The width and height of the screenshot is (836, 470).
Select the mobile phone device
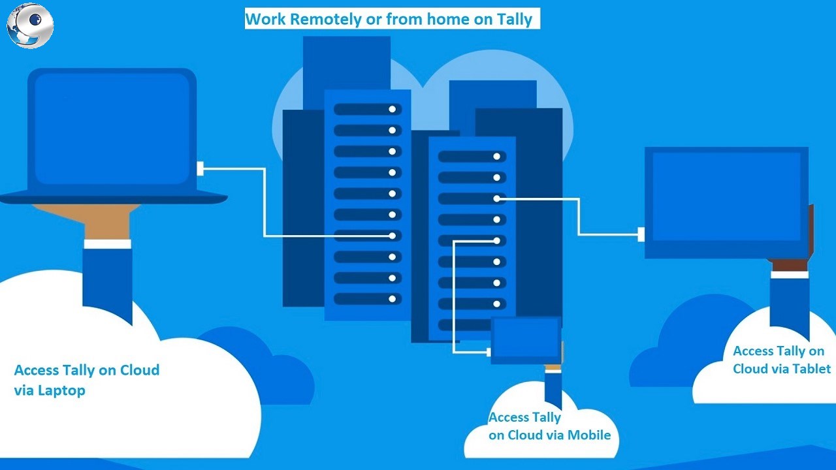[526, 339]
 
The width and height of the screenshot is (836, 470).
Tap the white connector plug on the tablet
[641, 234]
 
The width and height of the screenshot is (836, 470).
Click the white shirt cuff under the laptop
[107, 243]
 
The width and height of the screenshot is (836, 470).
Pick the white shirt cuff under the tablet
[789, 274]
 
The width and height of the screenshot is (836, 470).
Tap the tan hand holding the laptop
[107, 222]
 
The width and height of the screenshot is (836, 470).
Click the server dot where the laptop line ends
[393, 236]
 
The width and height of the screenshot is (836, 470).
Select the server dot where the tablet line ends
[497, 198]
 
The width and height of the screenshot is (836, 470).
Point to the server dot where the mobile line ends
[497, 241]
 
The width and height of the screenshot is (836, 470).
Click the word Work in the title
[265, 19]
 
